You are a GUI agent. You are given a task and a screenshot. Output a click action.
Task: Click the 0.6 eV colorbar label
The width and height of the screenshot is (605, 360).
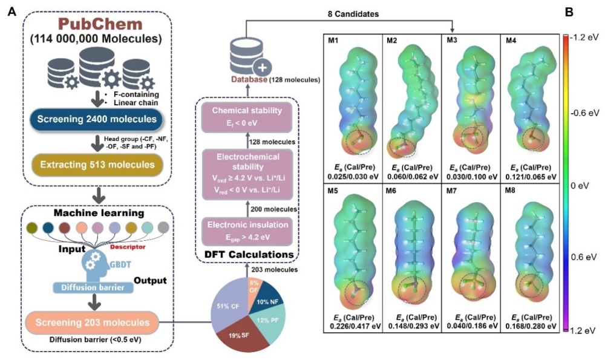coord(584,257)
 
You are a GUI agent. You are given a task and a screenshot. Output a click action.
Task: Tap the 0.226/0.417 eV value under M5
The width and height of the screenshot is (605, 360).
coord(352,325)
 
